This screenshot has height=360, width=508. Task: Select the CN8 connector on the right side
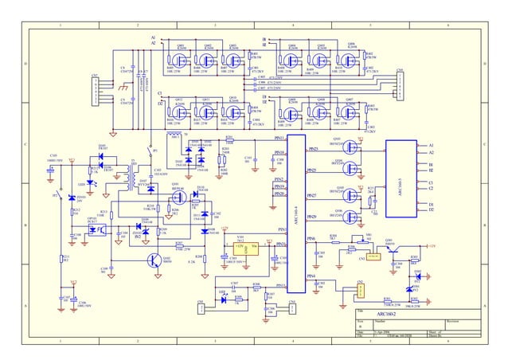point(400,81)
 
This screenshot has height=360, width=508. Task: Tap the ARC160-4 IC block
point(296,213)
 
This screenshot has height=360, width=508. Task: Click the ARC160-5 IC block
point(403,181)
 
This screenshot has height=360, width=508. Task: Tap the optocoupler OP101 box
point(96,229)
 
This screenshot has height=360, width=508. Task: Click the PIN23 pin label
point(313,149)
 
